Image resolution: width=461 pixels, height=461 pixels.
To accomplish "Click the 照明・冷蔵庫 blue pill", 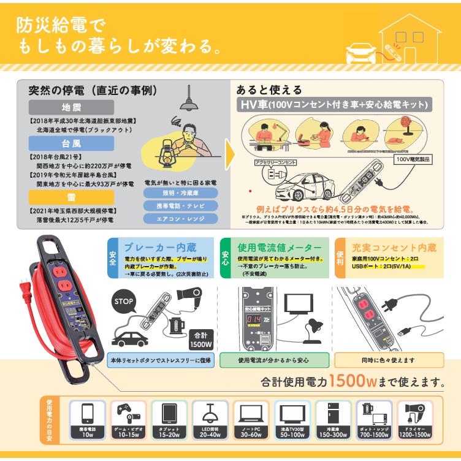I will click(x=180, y=192).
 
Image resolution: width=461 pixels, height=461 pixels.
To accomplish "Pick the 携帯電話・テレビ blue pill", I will click(x=180, y=205).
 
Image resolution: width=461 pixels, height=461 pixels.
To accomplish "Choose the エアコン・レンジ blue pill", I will click(x=180, y=218).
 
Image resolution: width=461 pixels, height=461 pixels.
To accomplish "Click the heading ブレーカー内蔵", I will click(x=161, y=248).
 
